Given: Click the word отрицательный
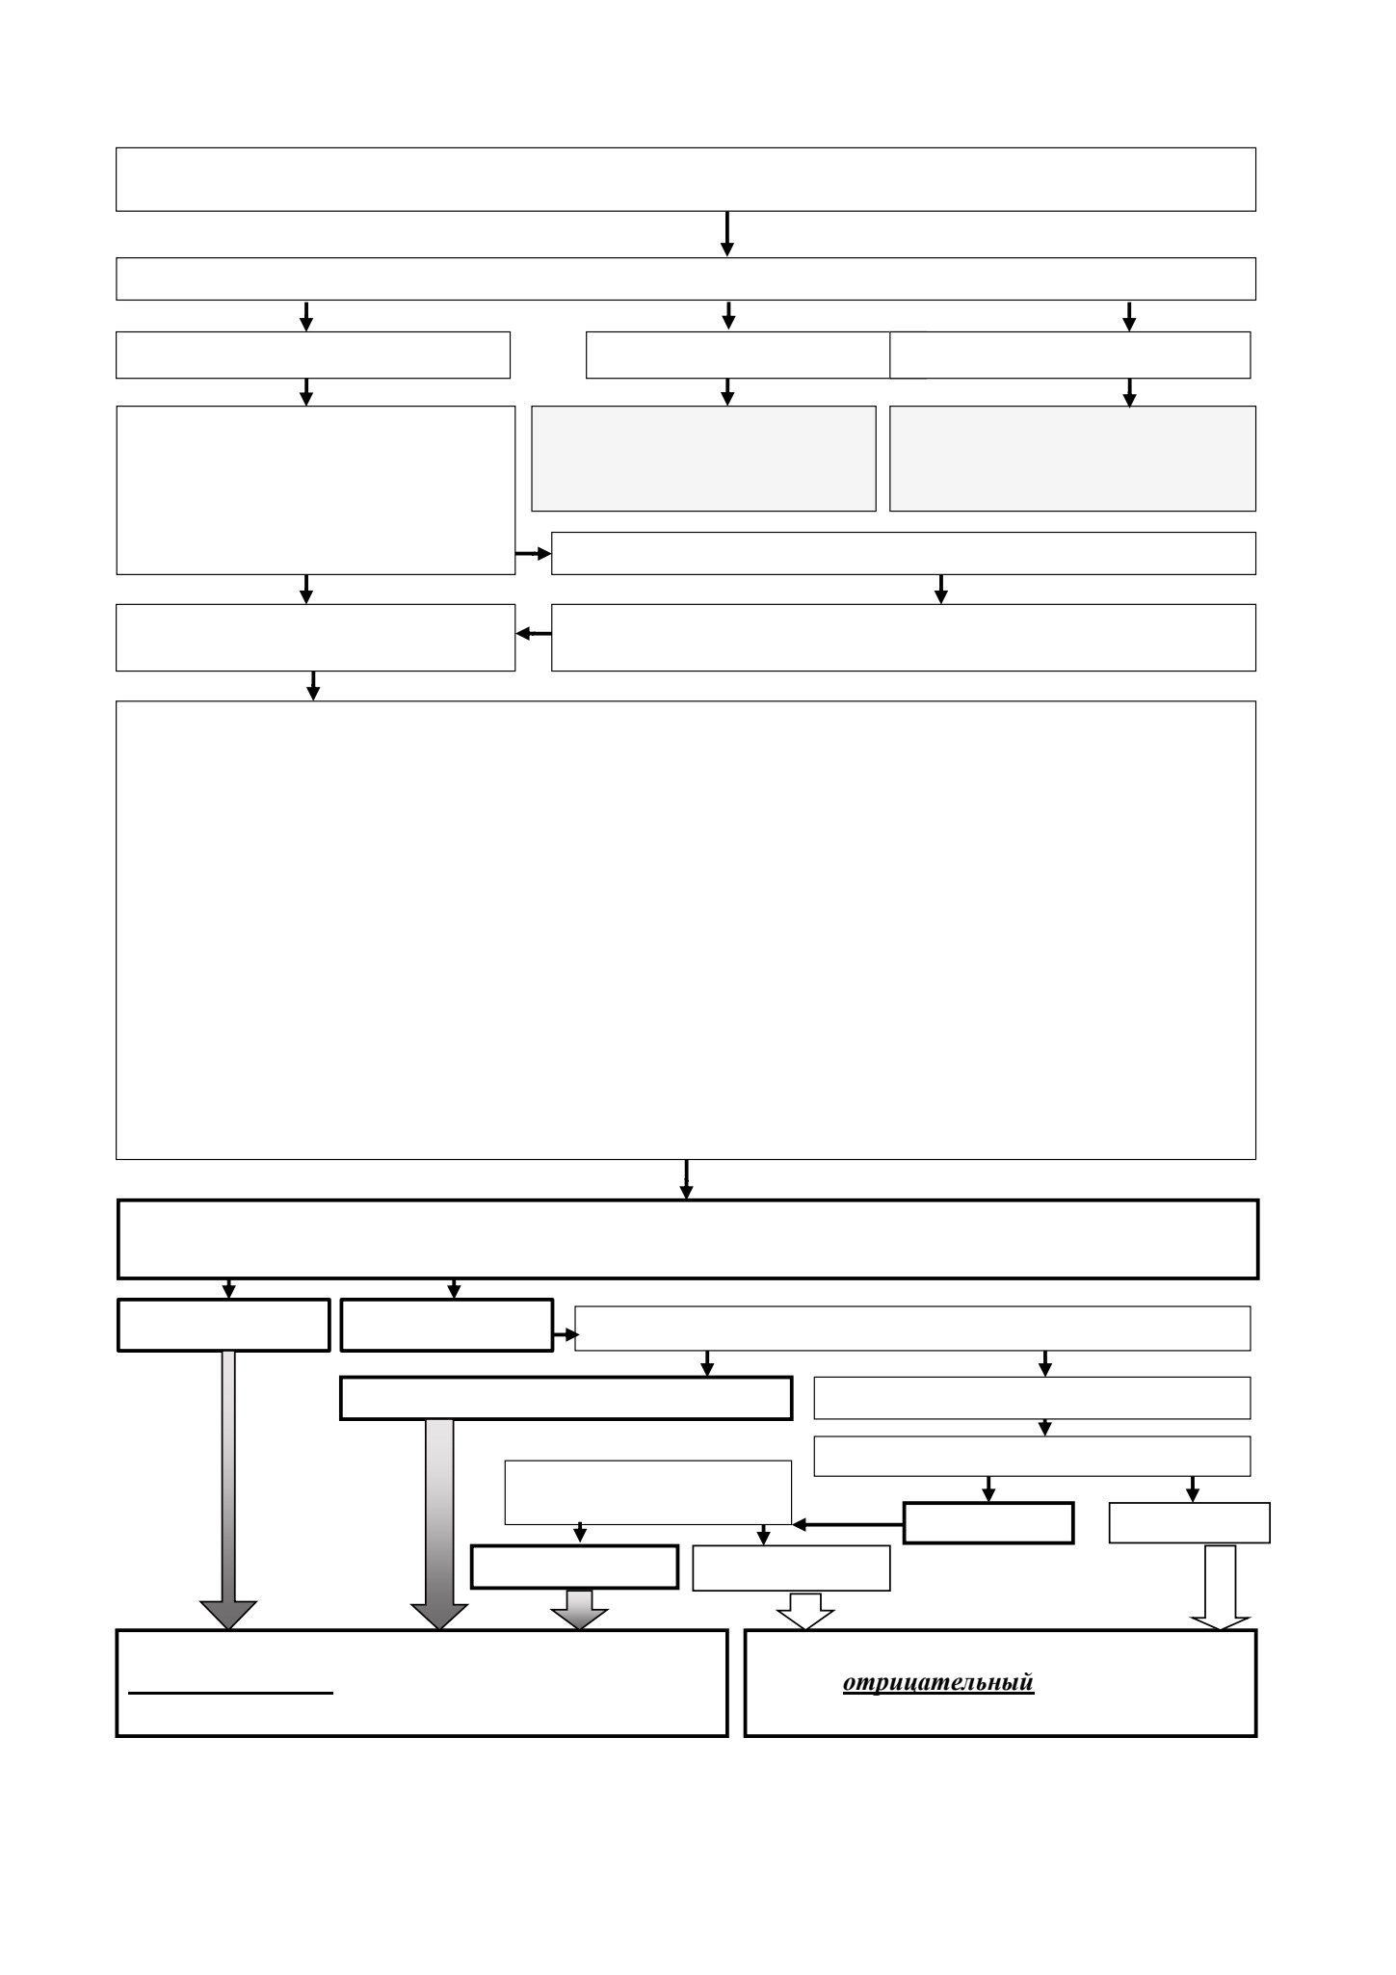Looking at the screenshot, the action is [938, 1682].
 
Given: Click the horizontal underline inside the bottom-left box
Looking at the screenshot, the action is [230, 1692].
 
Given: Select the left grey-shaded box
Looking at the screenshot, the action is [703, 458].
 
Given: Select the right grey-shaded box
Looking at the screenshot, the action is [1072, 458].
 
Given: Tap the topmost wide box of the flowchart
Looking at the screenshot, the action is [686, 179].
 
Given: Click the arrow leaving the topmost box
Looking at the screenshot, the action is [727, 234].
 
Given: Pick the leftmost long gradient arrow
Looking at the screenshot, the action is [228, 1489].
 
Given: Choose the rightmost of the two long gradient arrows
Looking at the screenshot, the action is [439, 1524].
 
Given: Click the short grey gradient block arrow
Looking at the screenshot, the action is [579, 1609].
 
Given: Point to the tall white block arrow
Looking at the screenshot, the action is [1221, 1588].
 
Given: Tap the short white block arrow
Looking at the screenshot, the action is [805, 1611].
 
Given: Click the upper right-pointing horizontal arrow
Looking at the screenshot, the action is [533, 554].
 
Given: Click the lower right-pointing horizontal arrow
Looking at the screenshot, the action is [566, 1335].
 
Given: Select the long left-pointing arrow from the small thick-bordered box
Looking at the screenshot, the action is [848, 1525].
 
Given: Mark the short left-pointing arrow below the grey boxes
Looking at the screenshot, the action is [534, 634].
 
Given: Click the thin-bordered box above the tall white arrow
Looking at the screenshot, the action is [1189, 1523].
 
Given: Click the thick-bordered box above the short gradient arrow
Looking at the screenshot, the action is [574, 1567].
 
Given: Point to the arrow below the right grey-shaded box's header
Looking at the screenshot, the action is [1129, 393].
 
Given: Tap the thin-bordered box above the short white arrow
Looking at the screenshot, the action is [791, 1568].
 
